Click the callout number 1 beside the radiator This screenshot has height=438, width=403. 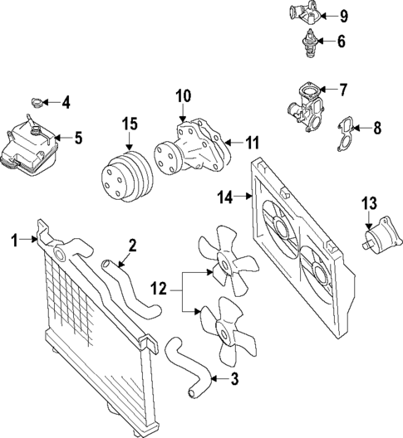click(14, 240)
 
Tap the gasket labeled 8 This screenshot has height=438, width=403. click(346, 133)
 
